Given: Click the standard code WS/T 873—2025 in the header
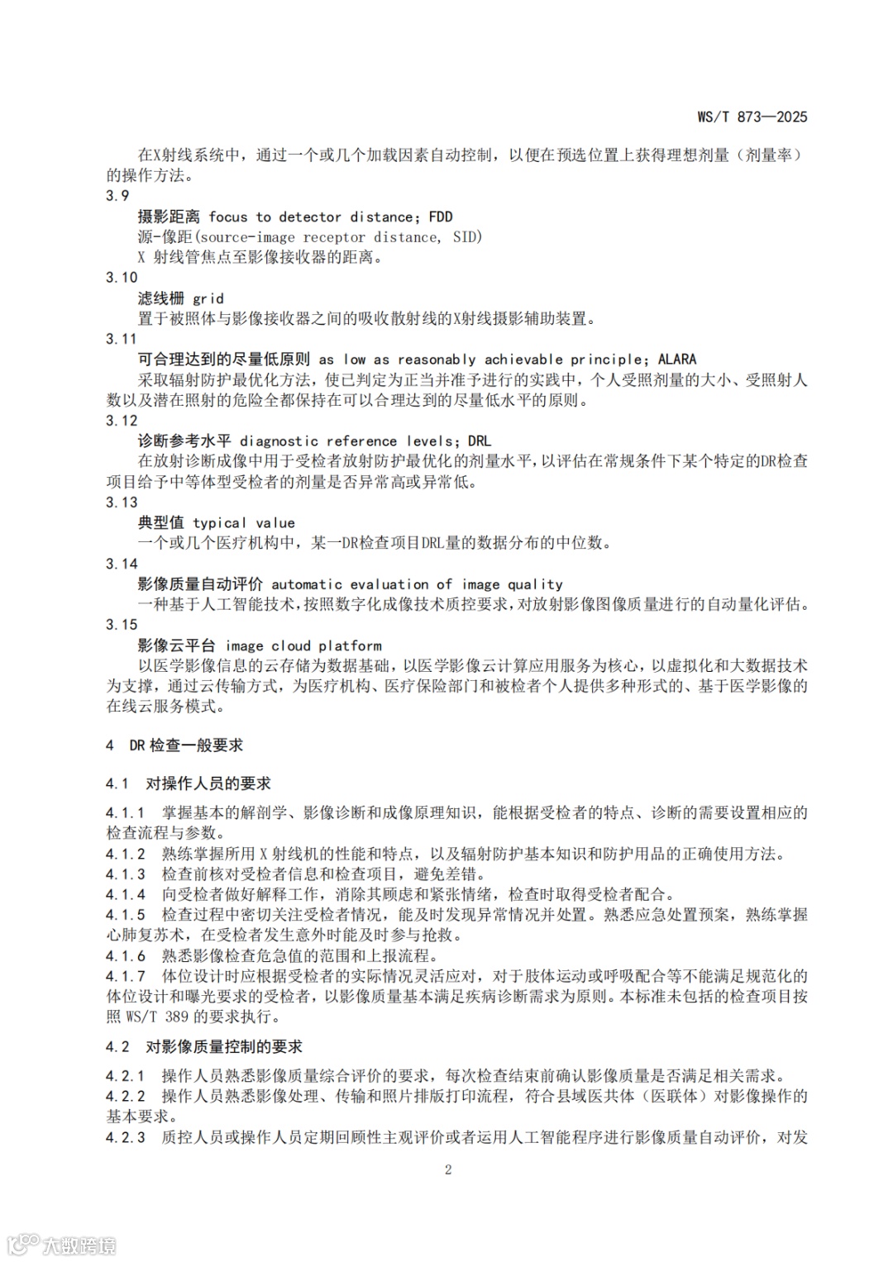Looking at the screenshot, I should (x=752, y=117).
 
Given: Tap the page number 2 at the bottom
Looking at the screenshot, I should (x=448, y=1169).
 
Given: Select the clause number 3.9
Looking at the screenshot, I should (x=117, y=196).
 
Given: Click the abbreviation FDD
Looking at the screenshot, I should (x=441, y=217).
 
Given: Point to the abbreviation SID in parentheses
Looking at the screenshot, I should (x=465, y=237).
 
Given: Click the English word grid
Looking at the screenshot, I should (x=208, y=298).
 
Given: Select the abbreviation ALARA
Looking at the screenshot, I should (x=677, y=360).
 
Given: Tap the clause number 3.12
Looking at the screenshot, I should (x=122, y=421).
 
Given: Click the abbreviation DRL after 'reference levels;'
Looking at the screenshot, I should (x=479, y=441).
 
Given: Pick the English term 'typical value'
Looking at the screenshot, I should (x=244, y=523).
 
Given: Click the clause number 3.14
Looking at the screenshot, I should (x=122, y=564).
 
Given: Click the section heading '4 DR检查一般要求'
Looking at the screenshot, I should (x=174, y=745).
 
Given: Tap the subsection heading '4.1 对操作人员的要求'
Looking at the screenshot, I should (x=189, y=783).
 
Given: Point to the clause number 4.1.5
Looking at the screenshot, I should (x=126, y=915).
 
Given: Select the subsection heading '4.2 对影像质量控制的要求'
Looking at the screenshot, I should (x=204, y=1047).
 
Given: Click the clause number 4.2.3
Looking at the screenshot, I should (x=126, y=1138).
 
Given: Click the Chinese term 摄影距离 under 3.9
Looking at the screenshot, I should (x=169, y=217).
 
